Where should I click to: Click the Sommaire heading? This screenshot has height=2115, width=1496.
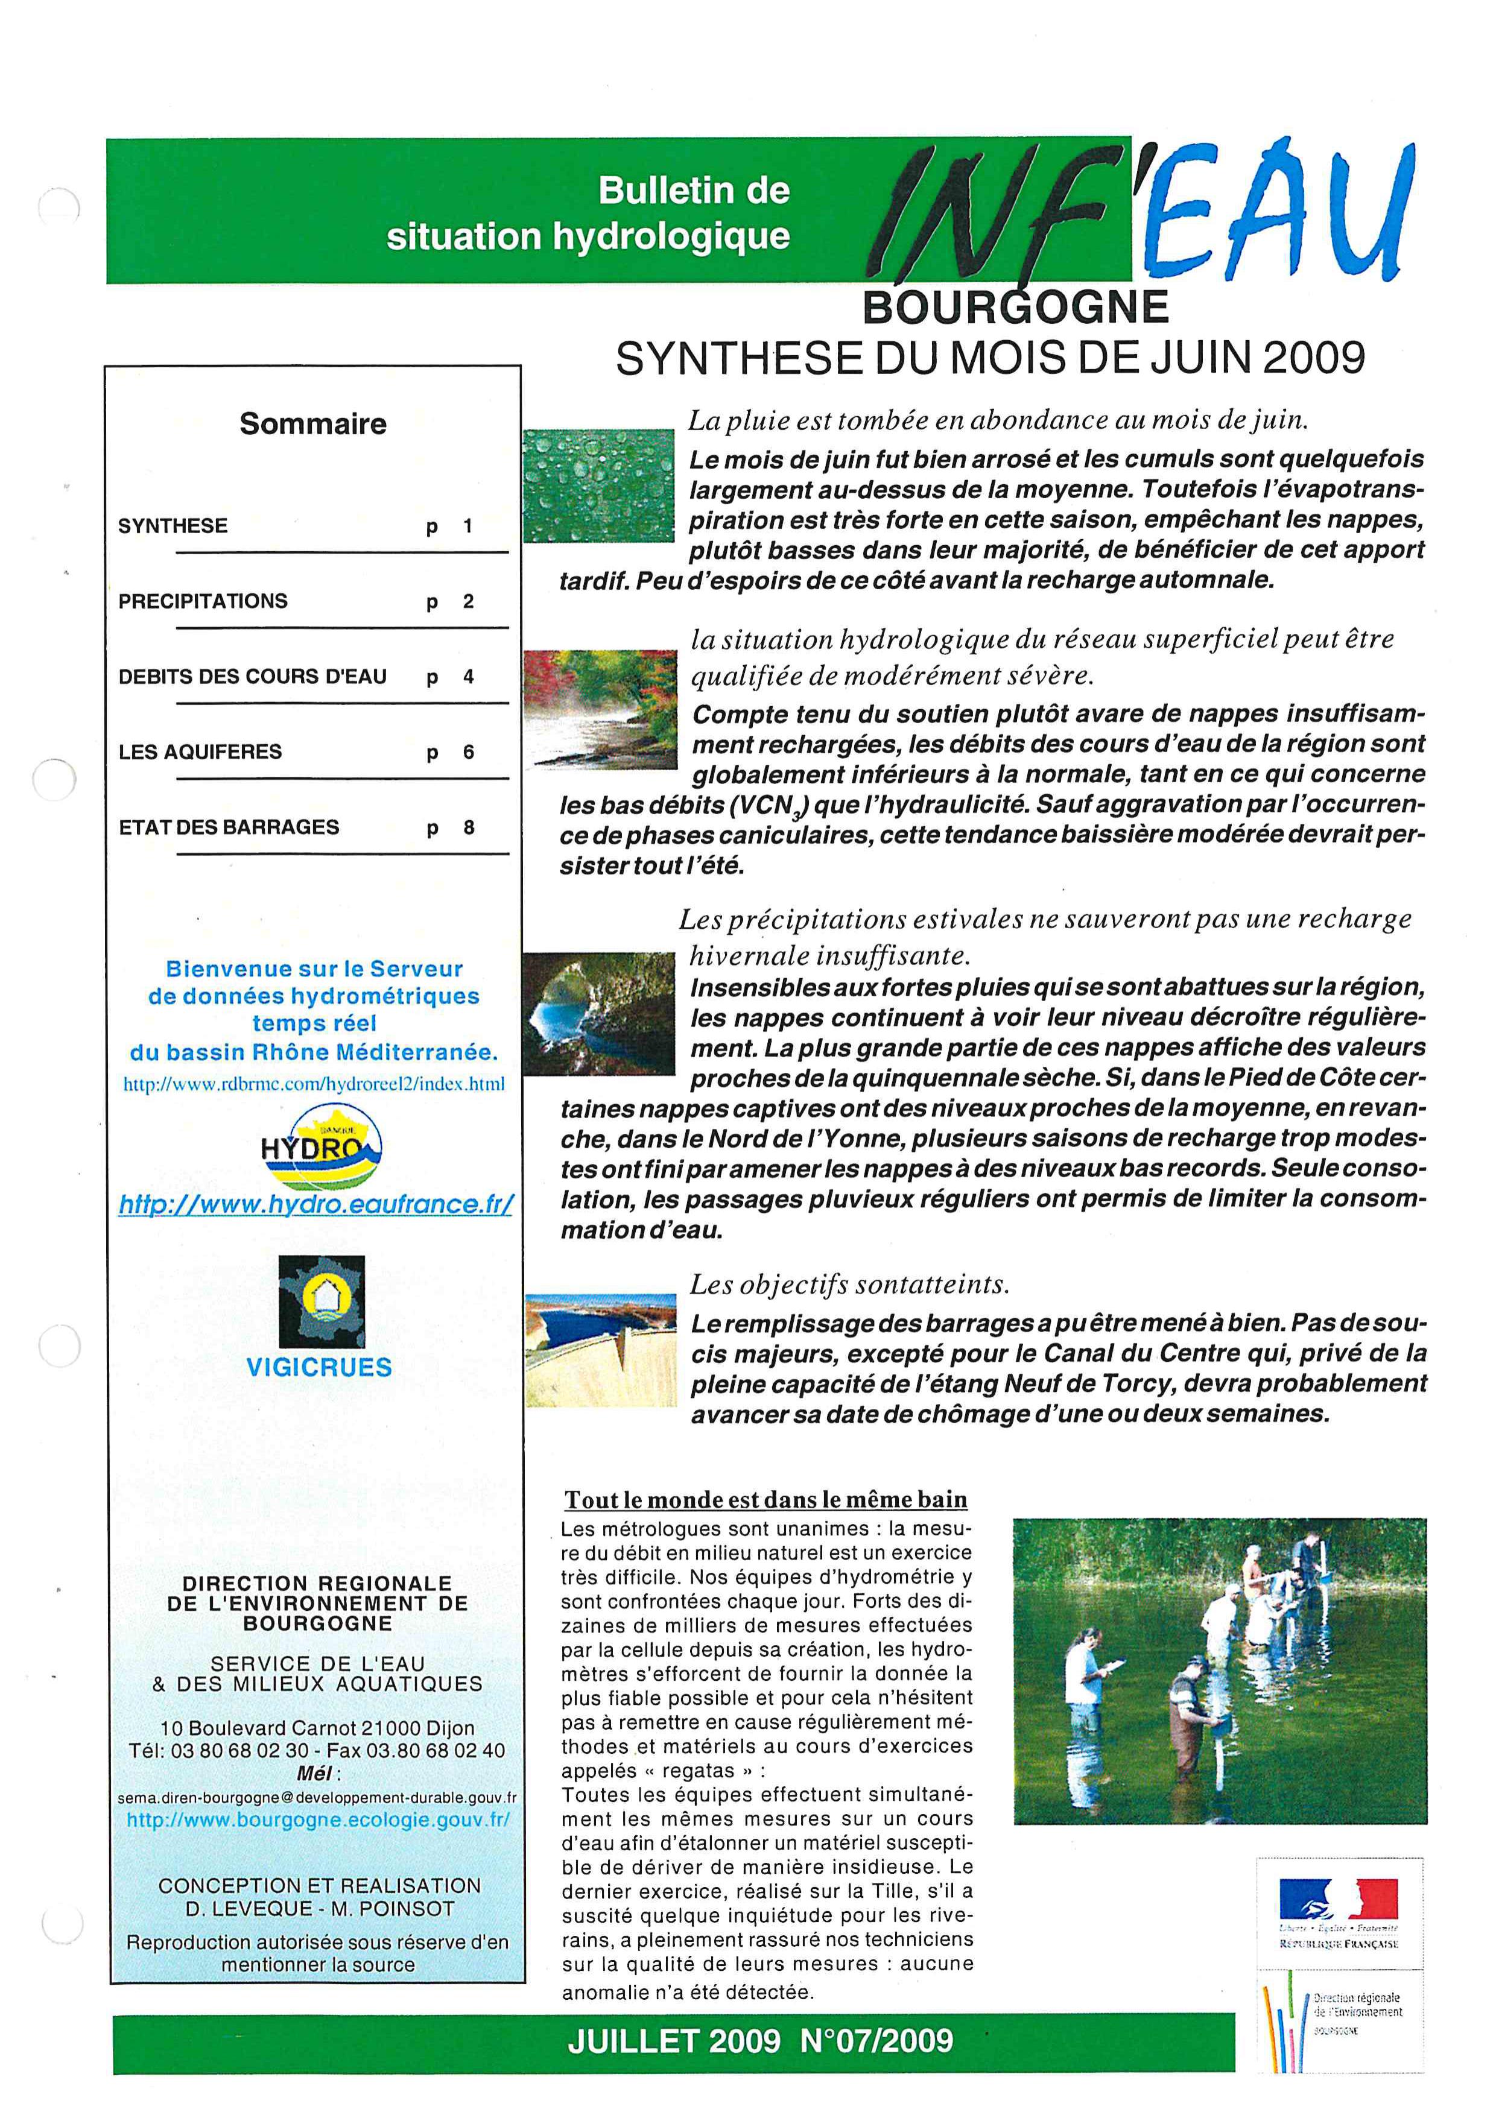point(313,424)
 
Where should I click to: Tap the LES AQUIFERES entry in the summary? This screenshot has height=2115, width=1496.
point(200,751)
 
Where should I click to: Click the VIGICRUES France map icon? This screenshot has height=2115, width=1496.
point(322,1301)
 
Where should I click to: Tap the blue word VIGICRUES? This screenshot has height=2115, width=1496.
point(319,1367)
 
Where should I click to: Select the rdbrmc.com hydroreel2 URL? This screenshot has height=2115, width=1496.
point(314,1084)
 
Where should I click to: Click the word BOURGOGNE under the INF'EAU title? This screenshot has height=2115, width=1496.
point(1015,308)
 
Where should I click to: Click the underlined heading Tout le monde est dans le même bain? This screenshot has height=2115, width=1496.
point(765,1500)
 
